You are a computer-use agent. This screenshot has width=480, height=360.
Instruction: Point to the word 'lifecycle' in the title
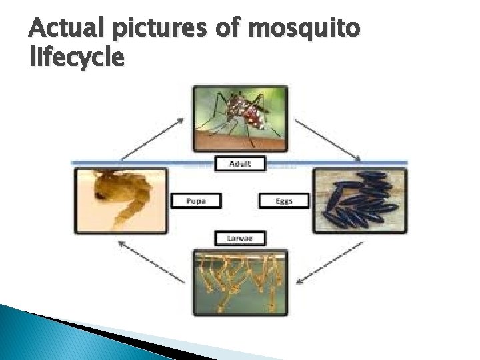(77, 59)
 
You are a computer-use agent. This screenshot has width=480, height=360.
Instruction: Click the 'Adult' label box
(240, 164)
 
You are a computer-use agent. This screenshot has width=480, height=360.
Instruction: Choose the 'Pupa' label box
(195, 201)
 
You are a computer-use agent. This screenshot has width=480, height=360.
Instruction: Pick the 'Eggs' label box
(284, 201)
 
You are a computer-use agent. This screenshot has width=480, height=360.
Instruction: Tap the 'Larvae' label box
(240, 238)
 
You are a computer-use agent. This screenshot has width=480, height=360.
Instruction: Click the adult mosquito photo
(240, 119)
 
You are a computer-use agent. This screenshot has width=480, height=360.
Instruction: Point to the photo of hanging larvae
(240, 281)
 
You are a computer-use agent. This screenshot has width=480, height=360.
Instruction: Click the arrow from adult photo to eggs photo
(327, 140)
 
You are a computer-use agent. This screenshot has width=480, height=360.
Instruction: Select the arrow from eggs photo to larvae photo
(330, 260)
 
